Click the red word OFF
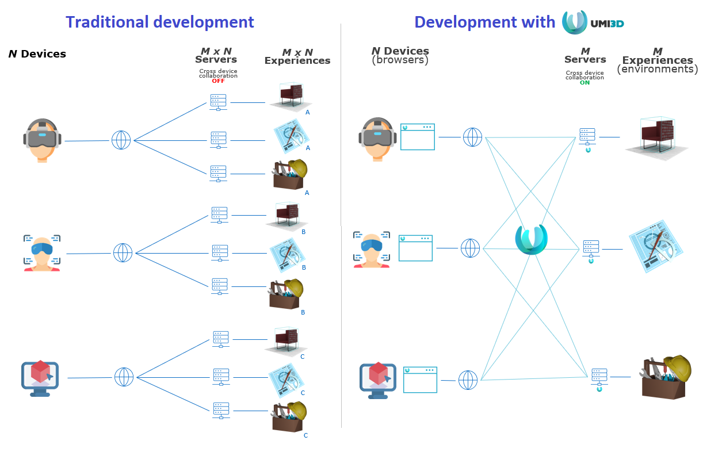pyautogui.click(x=218, y=81)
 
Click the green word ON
pyautogui.click(x=584, y=82)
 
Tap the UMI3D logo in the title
pyautogui.click(x=593, y=22)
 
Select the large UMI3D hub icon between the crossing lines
pyautogui.click(x=532, y=239)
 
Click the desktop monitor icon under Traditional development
pyautogui.click(x=40, y=378)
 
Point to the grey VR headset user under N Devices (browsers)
pyautogui.click(x=377, y=139)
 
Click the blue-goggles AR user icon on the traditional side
pyautogui.click(x=42, y=253)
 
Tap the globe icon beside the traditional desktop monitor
pyautogui.click(x=124, y=377)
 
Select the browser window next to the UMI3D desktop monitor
pyautogui.click(x=420, y=380)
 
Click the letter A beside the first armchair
pyautogui.click(x=308, y=112)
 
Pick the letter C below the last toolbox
pyautogui.click(x=305, y=435)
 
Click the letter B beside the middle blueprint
pyautogui.click(x=304, y=267)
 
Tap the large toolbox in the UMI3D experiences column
pyautogui.click(x=666, y=377)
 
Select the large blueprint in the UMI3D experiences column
pyautogui.click(x=656, y=246)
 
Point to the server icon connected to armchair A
pyautogui.click(x=218, y=102)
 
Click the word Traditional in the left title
pyautogui.click(x=107, y=22)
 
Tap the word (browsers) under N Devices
pyautogui.click(x=400, y=60)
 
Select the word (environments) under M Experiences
pyautogui.click(x=658, y=69)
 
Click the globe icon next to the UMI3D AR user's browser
pyautogui.click(x=470, y=248)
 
